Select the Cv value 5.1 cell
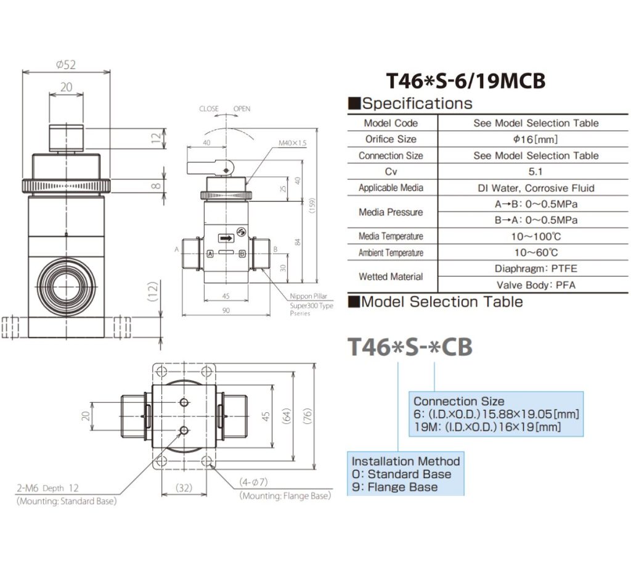[535, 172]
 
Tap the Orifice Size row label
[391, 139]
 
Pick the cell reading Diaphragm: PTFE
[535, 269]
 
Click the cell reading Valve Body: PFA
[535, 285]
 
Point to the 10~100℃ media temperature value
[535, 237]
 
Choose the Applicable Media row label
[391, 188]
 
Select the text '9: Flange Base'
[394, 487]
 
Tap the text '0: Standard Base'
[401, 474]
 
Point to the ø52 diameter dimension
[65, 65]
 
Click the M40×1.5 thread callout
[293, 143]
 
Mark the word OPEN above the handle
[242, 109]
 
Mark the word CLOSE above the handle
[209, 109]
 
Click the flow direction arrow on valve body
[227, 237]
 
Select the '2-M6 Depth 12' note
[47, 488]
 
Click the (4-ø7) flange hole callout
[258, 483]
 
